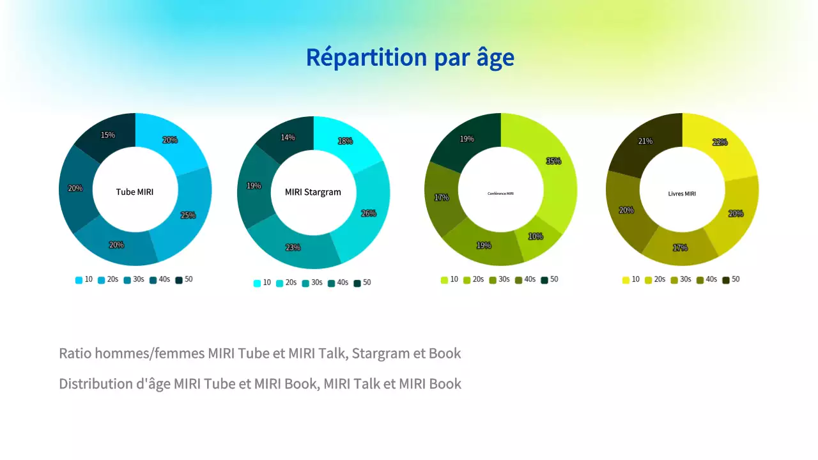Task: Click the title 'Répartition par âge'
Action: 410,57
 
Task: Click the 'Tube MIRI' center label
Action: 135,192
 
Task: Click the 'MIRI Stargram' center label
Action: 313,192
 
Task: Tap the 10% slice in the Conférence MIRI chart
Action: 536,237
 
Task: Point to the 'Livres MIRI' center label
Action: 683,194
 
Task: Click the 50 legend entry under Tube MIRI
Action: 184,280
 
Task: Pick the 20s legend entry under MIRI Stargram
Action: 286,283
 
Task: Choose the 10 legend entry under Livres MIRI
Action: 631,280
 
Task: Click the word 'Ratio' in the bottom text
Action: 75,353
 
